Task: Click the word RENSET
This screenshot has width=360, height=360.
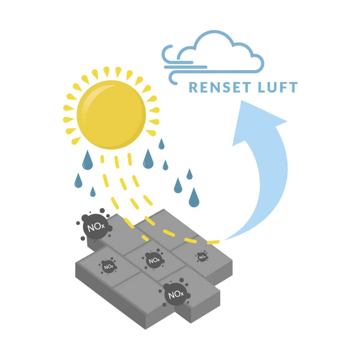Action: click(220, 87)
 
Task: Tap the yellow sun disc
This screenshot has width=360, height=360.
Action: click(111, 115)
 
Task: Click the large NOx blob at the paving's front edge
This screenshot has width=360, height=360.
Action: click(175, 295)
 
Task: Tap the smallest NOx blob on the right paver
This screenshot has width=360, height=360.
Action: click(202, 257)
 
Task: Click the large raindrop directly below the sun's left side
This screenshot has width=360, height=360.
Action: click(87, 161)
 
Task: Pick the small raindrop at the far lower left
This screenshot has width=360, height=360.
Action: click(93, 192)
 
